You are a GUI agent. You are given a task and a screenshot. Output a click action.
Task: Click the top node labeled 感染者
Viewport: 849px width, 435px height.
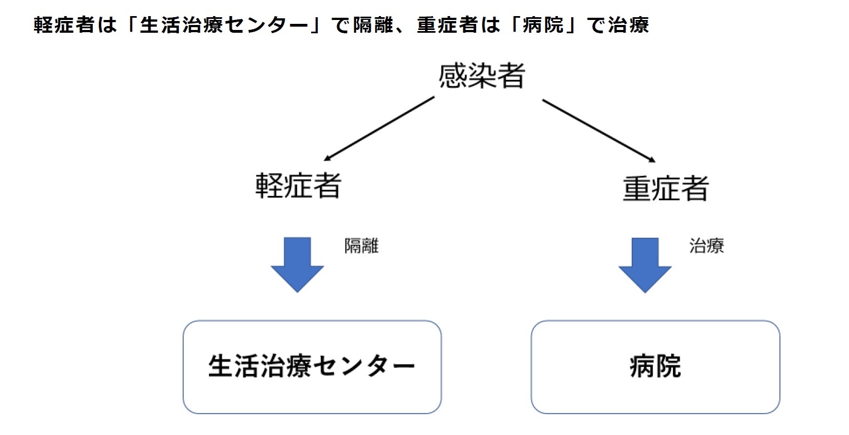click(481, 76)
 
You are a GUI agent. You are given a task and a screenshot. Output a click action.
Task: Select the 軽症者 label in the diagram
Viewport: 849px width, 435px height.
click(298, 186)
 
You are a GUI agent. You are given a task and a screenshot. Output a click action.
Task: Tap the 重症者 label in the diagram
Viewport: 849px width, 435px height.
click(665, 189)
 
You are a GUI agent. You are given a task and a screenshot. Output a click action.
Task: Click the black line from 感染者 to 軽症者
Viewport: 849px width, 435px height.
click(380, 128)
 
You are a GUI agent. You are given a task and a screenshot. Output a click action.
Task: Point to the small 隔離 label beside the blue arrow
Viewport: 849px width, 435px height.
click(361, 247)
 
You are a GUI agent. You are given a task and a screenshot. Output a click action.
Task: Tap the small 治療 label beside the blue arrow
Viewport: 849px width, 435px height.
click(707, 246)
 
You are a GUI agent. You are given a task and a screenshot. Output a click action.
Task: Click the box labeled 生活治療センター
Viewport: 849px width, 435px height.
click(312, 367)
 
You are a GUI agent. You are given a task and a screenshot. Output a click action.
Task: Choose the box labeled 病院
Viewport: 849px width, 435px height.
click(655, 367)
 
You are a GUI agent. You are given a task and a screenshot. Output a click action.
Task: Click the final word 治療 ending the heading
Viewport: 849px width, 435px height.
click(628, 25)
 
